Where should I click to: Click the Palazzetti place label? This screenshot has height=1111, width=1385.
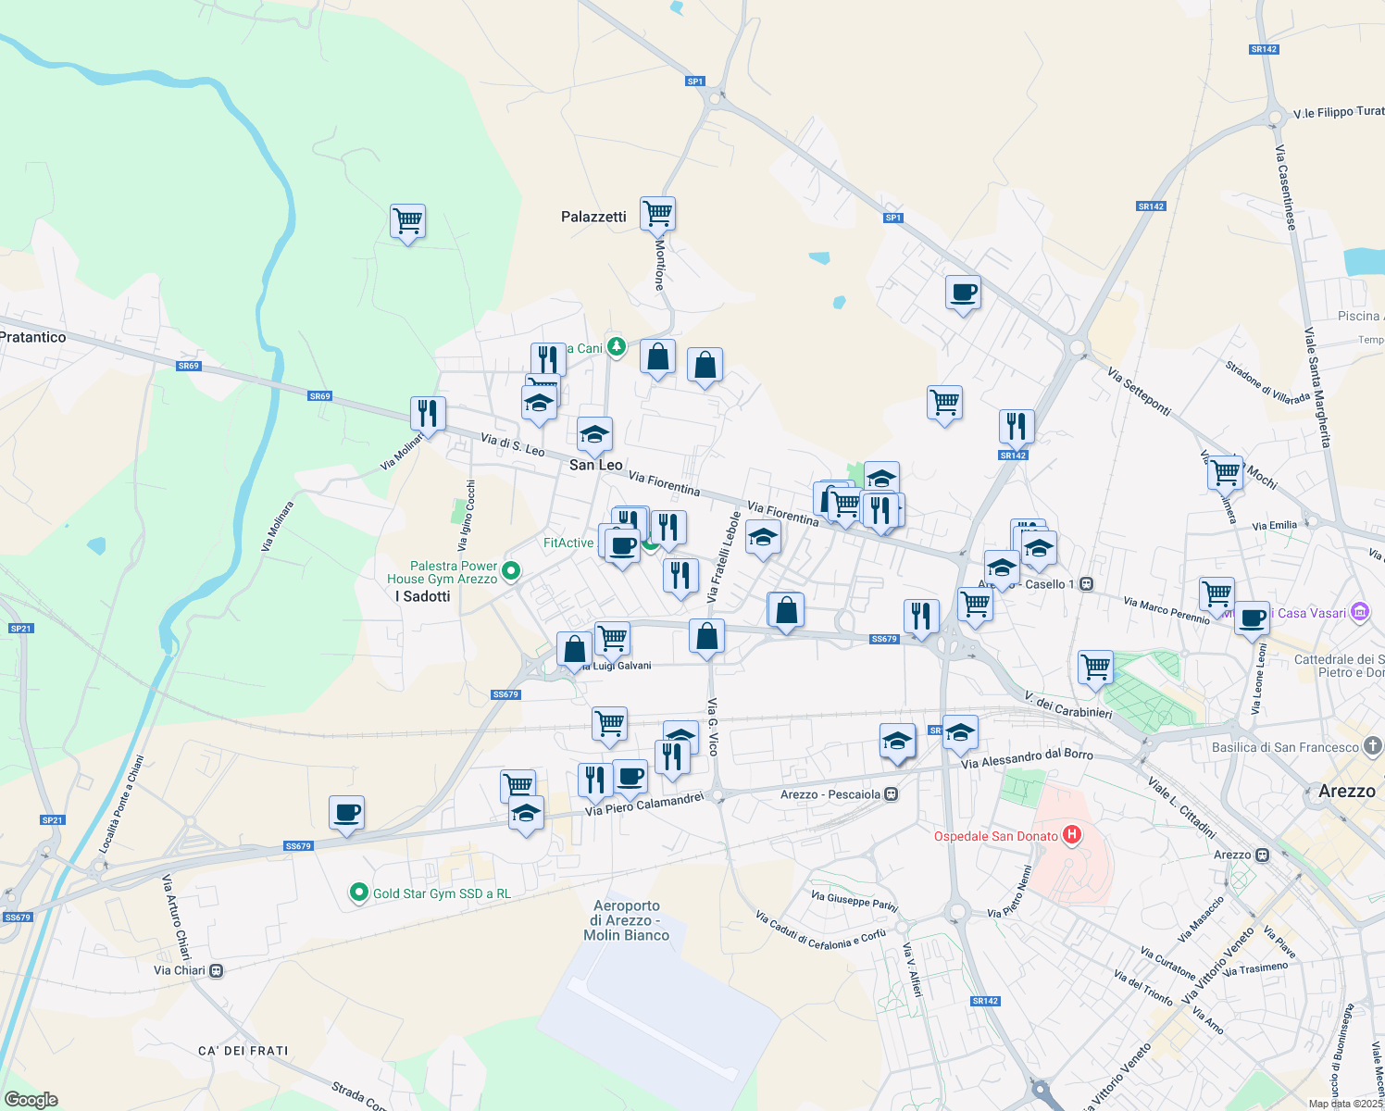tap(593, 217)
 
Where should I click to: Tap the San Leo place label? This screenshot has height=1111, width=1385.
tap(595, 465)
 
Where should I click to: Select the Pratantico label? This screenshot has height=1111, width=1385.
tap(33, 337)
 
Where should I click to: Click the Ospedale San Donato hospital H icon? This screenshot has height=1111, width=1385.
tap(1072, 835)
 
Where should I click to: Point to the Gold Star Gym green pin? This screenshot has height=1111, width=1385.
tap(358, 893)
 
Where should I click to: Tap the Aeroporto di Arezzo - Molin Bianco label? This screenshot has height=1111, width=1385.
tap(627, 920)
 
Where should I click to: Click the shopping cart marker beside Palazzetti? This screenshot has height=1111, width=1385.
tap(657, 214)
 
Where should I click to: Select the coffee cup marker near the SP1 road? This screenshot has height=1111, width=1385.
tap(963, 293)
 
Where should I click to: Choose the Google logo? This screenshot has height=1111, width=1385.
tap(31, 1099)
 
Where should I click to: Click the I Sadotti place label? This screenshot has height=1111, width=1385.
tap(422, 596)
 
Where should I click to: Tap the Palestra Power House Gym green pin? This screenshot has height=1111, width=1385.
tap(510, 572)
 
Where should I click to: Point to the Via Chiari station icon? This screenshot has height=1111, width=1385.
tap(216, 970)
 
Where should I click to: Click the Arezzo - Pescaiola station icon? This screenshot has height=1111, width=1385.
tap(891, 794)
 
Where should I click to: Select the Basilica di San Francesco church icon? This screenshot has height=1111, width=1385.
tap(1372, 746)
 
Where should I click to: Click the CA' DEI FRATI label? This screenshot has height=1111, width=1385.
tap(243, 1051)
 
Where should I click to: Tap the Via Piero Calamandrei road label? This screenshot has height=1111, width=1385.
tap(644, 805)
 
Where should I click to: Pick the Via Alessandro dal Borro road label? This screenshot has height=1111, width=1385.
tap(1027, 758)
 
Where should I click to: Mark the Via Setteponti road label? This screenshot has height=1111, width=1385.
tap(1140, 392)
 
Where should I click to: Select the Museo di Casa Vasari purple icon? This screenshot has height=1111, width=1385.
tap(1359, 612)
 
